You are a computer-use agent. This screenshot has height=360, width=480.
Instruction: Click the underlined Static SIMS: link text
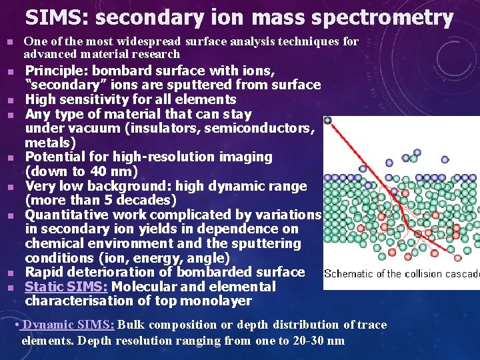coord(67,287)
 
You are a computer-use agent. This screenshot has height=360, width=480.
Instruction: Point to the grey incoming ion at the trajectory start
coord(327,121)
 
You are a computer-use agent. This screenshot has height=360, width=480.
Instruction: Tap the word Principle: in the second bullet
coord(58,71)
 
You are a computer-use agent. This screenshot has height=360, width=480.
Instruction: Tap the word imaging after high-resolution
coord(243,157)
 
